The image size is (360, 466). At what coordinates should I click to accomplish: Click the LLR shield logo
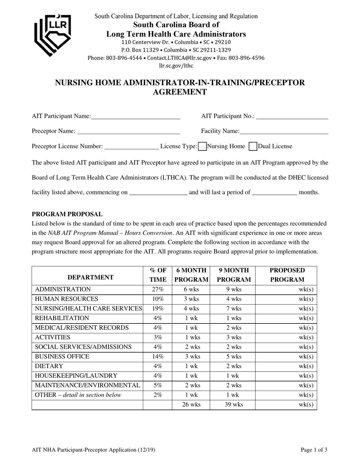tap(53, 35)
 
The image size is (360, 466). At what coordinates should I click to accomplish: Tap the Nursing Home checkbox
tap(202, 146)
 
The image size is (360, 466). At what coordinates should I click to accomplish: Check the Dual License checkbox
tap(253, 146)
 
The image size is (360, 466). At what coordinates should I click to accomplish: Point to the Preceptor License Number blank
tap(131, 147)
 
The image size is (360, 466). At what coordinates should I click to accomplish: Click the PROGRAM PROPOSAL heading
tap(67, 214)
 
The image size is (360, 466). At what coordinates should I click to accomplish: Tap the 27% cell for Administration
tap(158, 289)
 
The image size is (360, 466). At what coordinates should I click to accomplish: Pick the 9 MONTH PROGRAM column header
tap(234, 275)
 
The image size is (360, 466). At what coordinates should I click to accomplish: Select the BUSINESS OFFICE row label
tap(62, 357)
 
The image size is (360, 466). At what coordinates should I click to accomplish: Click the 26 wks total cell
tap(191, 405)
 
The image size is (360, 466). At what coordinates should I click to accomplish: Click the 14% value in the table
tap(158, 357)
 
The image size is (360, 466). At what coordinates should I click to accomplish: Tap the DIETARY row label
tap(49, 366)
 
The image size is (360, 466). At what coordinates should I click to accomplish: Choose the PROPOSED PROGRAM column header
tap(287, 275)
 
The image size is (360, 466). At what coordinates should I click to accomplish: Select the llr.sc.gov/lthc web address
tap(176, 66)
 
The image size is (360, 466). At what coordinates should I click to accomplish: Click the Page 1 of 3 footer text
tap(314, 450)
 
